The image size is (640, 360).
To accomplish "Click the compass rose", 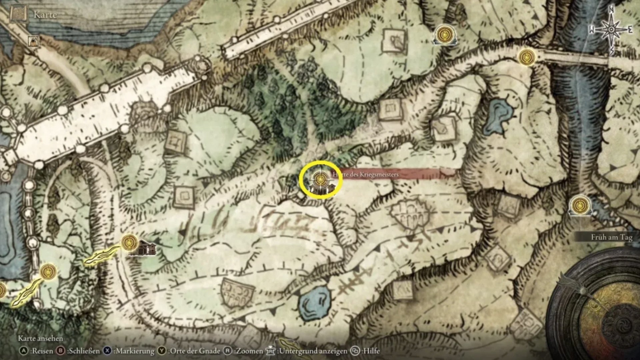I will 611,30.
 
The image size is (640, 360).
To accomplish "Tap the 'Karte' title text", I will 45,15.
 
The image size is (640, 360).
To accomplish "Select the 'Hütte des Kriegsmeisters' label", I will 365,174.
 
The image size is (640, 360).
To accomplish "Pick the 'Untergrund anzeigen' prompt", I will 307,351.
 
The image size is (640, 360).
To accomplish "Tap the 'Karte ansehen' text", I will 40,339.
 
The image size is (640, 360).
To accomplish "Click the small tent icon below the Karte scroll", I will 33,42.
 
